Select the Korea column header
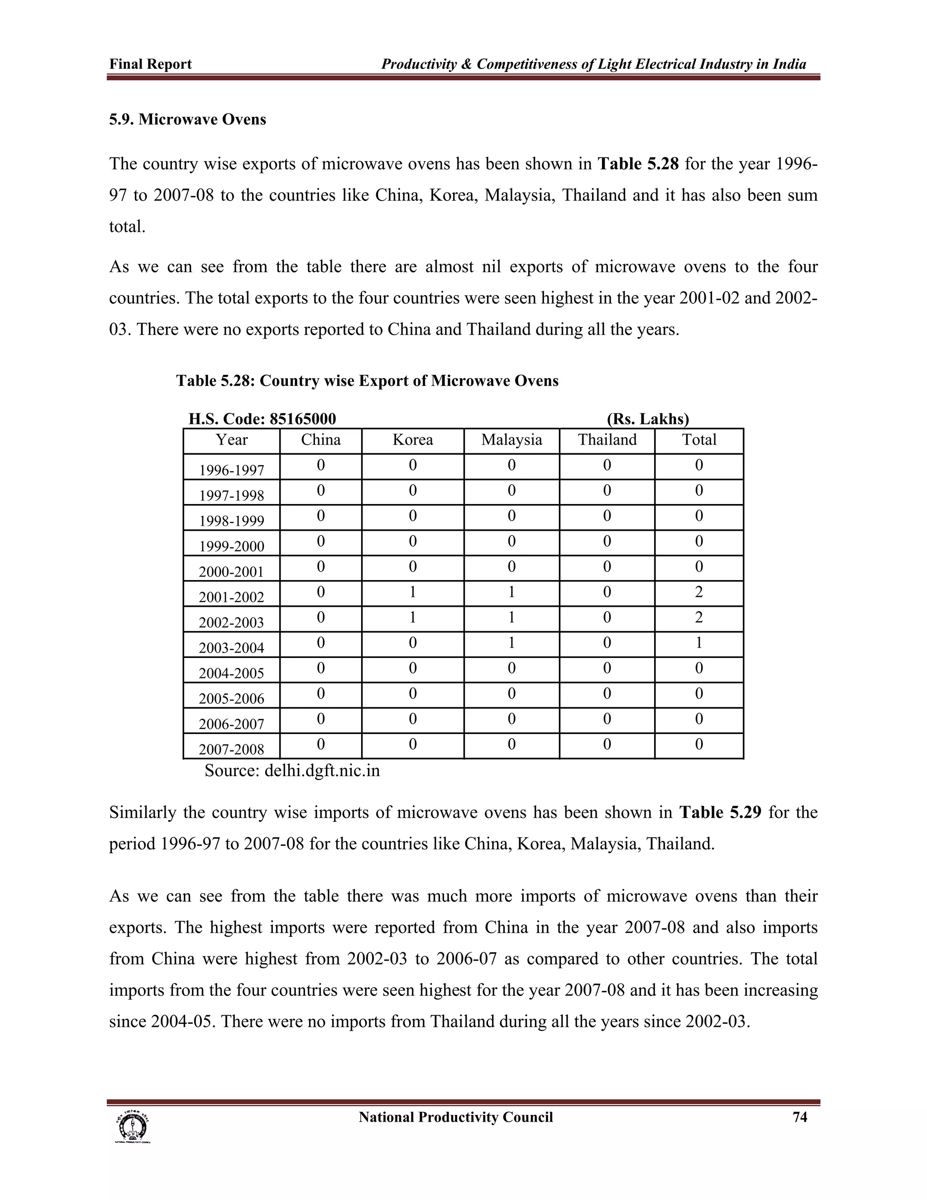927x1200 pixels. [x=412, y=440]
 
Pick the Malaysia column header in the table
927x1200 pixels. [x=511, y=440]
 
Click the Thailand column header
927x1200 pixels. [x=607, y=440]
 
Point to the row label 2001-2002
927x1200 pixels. [x=231, y=597]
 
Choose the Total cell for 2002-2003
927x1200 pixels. [x=698, y=618]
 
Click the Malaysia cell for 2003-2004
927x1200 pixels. [x=511, y=643]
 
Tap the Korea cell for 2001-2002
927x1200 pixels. [x=412, y=592]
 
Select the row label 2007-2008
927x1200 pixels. [x=231, y=749]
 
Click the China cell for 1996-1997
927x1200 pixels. [x=321, y=466]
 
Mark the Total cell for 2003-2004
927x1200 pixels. [x=698, y=643]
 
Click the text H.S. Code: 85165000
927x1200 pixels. [x=262, y=419]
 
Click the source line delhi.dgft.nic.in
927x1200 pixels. [x=292, y=771]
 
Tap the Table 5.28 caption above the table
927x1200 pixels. [x=367, y=381]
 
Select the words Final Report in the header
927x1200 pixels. [x=150, y=64]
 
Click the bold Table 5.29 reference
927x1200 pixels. [x=721, y=812]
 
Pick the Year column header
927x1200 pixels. [x=231, y=440]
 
